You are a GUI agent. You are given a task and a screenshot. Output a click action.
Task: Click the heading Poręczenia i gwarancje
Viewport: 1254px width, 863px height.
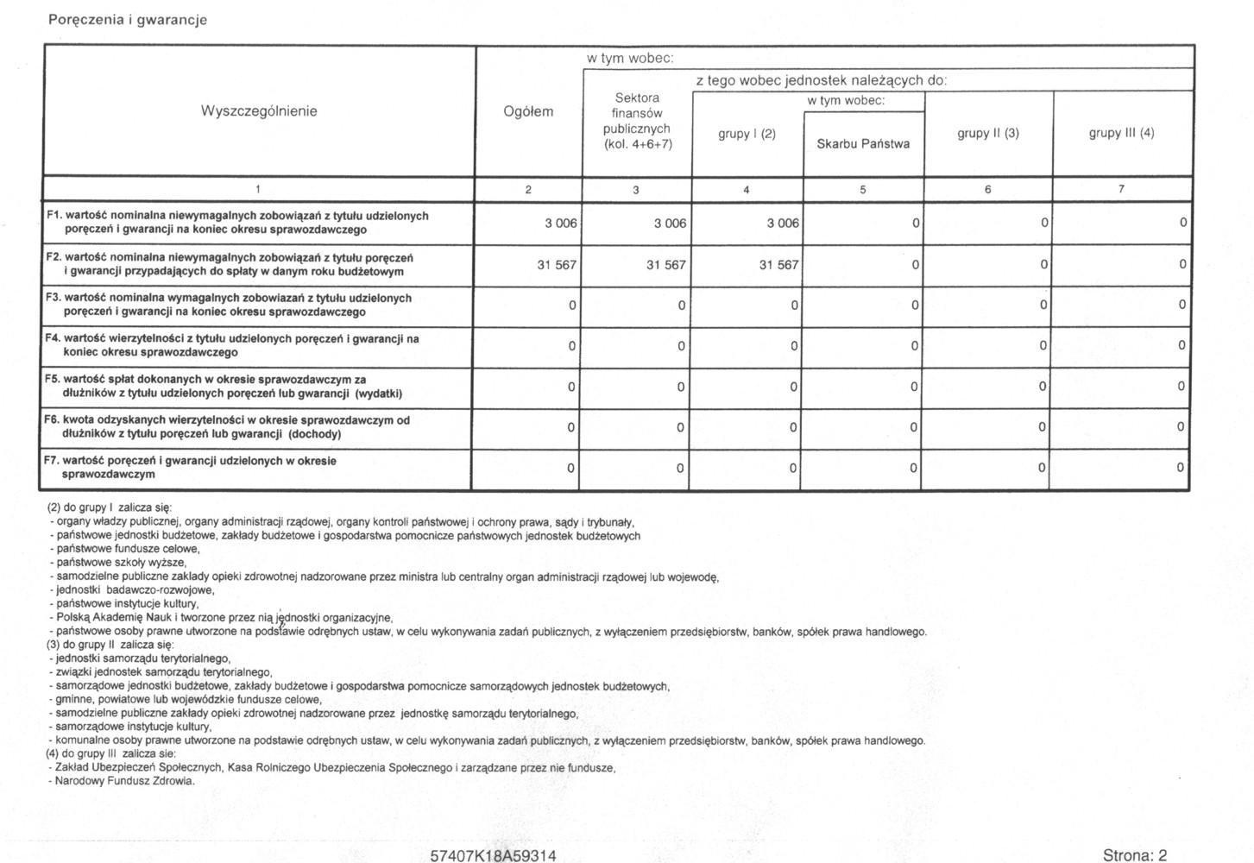point(128,20)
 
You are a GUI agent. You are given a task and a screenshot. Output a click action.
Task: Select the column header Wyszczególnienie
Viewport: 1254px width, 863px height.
point(259,111)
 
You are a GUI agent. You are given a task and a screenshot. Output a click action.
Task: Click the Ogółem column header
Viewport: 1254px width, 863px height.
point(528,111)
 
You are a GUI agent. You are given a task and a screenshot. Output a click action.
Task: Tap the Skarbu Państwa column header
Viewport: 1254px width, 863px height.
point(863,144)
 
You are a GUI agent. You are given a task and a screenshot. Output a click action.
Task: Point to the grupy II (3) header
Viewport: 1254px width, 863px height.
point(988,133)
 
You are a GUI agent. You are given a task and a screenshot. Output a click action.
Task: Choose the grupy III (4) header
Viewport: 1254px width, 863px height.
point(1121,133)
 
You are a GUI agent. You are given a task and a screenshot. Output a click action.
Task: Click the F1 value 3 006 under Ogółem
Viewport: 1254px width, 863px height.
point(560,224)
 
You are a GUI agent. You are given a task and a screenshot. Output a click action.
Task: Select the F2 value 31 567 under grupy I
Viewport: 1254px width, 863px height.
point(778,265)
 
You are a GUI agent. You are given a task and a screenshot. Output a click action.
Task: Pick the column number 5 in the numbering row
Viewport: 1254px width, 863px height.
point(862,190)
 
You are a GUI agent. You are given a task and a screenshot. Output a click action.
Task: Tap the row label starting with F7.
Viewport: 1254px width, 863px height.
point(198,468)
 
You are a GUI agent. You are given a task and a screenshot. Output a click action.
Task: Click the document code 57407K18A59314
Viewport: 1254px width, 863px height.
point(493,855)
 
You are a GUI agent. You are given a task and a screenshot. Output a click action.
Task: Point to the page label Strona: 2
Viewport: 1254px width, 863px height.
point(1134,855)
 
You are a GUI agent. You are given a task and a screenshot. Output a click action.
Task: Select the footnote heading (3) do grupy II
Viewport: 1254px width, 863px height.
point(110,645)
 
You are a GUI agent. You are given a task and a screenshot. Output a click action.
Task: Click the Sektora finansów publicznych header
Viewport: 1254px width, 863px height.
point(637,121)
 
